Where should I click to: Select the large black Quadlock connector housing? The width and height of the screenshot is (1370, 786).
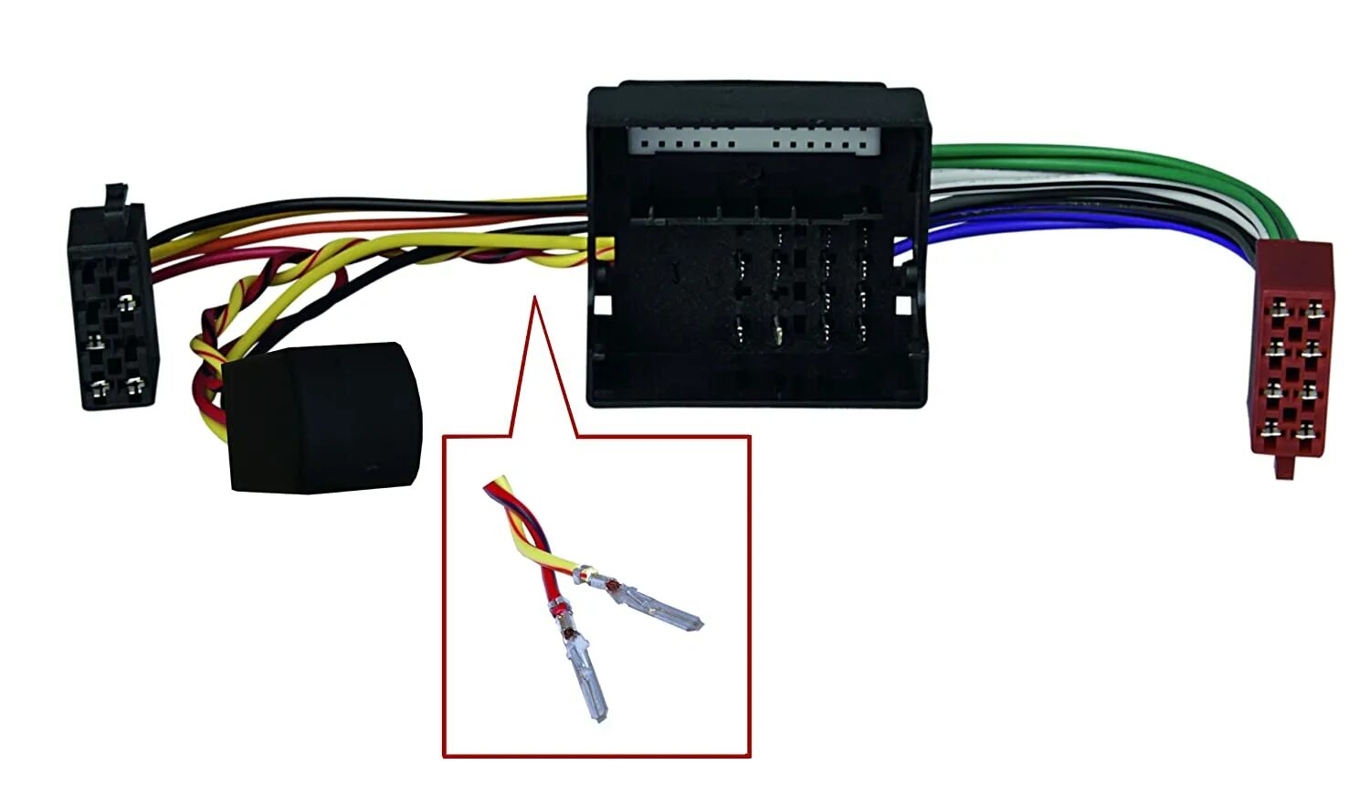[x=756, y=247]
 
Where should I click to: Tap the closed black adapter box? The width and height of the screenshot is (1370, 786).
[x=324, y=416]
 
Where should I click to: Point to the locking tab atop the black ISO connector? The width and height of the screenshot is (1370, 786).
[x=115, y=195]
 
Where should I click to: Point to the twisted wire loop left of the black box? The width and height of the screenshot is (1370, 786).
[x=208, y=366]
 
